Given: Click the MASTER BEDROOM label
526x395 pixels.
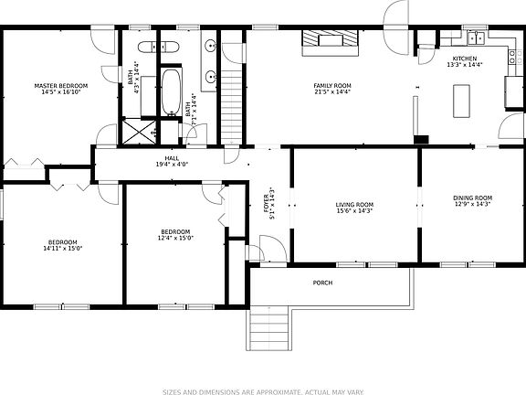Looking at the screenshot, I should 60,85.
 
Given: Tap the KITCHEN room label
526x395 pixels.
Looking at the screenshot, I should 458,59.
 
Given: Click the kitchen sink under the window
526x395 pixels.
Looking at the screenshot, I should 475,39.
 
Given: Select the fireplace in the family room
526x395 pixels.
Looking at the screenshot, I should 332,39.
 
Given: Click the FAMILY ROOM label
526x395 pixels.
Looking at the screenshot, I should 332,86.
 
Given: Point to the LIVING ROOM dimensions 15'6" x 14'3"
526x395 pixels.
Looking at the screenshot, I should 355,211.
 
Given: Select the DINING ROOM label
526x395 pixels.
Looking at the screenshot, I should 472,198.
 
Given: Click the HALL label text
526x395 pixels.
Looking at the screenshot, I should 172,158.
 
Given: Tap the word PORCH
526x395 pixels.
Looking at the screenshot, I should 322,283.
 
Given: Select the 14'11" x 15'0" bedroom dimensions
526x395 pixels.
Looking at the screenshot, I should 62,249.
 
